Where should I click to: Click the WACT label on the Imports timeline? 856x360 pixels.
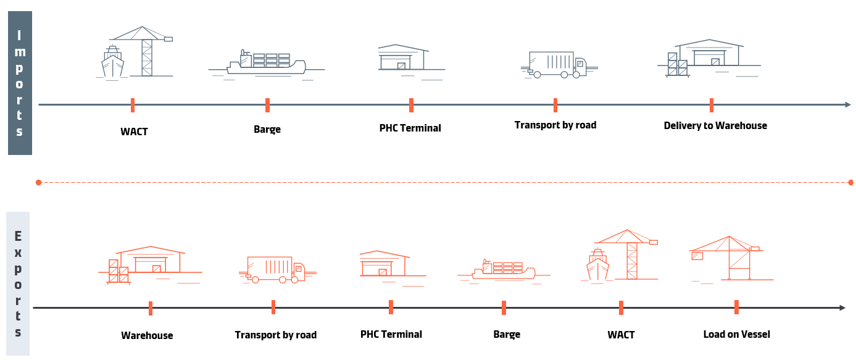134,132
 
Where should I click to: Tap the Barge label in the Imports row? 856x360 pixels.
267,129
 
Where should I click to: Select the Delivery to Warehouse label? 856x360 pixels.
715,125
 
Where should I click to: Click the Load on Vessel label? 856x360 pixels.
736,334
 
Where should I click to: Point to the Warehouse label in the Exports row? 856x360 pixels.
147,335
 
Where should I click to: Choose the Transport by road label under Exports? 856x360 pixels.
275,335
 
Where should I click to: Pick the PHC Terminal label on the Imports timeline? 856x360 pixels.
410,128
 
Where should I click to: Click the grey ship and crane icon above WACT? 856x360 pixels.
134,53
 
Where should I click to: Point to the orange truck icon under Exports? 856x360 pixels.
275,270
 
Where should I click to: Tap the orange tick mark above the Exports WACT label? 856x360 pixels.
621,308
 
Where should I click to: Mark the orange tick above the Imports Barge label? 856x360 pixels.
267,105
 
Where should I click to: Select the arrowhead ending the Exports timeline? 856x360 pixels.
842,308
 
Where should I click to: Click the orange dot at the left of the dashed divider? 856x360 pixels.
38,182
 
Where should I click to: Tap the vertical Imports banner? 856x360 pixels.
20,83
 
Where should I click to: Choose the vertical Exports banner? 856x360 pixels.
18,283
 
